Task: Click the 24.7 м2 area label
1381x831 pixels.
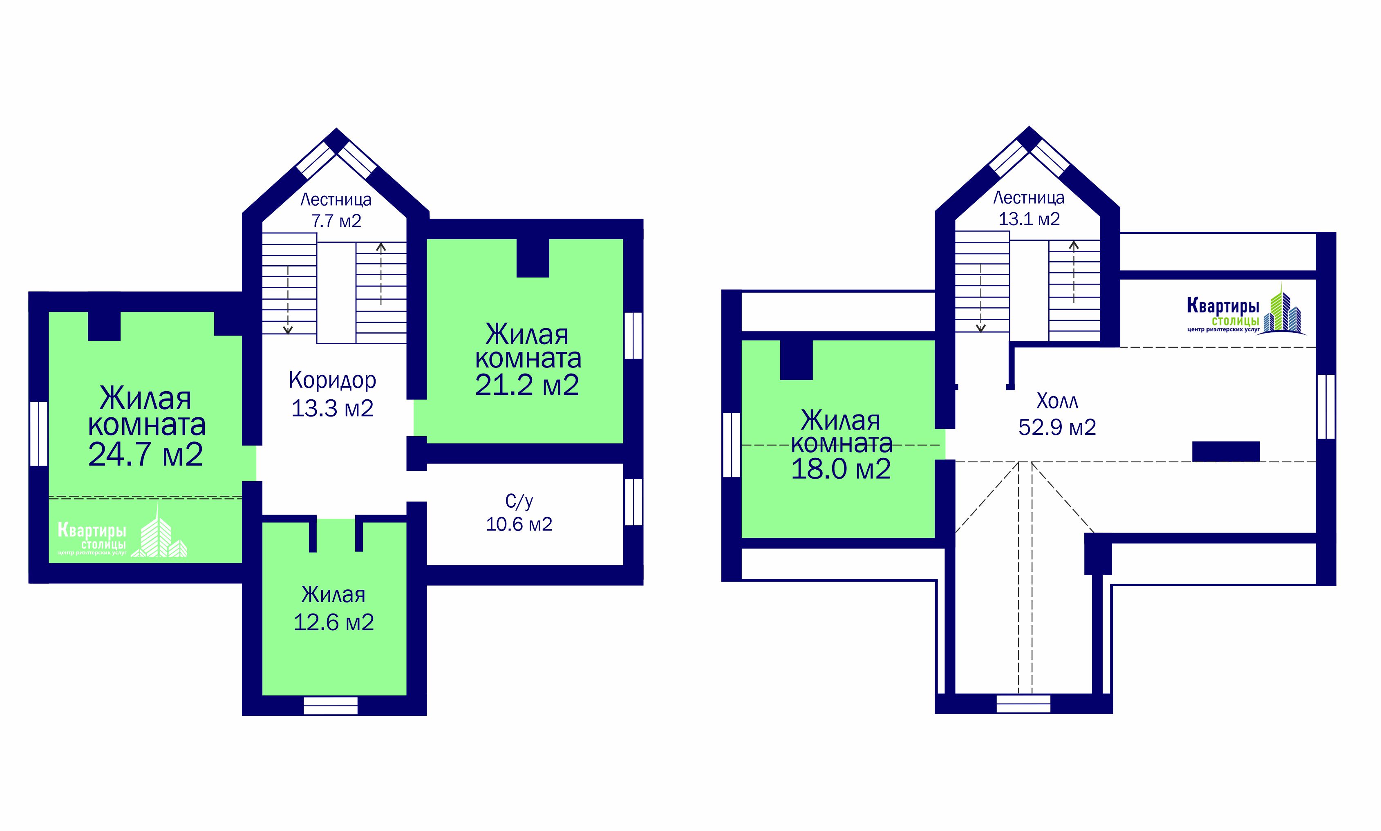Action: [x=145, y=454]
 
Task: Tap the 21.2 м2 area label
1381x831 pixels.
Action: [x=527, y=385]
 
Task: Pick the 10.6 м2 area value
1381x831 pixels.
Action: [x=519, y=524]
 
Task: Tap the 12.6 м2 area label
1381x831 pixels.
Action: [x=333, y=622]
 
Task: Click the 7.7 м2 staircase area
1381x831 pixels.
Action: [x=336, y=221]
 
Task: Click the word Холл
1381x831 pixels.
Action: [x=1057, y=401]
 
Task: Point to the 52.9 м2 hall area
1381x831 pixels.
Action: [x=1057, y=427]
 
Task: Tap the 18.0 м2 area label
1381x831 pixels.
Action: [x=841, y=469]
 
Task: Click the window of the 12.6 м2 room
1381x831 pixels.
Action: [x=330, y=705]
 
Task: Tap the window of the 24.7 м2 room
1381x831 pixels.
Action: [x=39, y=433]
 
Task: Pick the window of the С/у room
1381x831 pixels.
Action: [x=633, y=502]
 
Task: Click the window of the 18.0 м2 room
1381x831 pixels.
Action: [x=731, y=445]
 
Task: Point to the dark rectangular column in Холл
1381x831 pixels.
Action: [x=1226, y=451]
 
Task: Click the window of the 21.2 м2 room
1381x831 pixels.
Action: [x=633, y=336]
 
